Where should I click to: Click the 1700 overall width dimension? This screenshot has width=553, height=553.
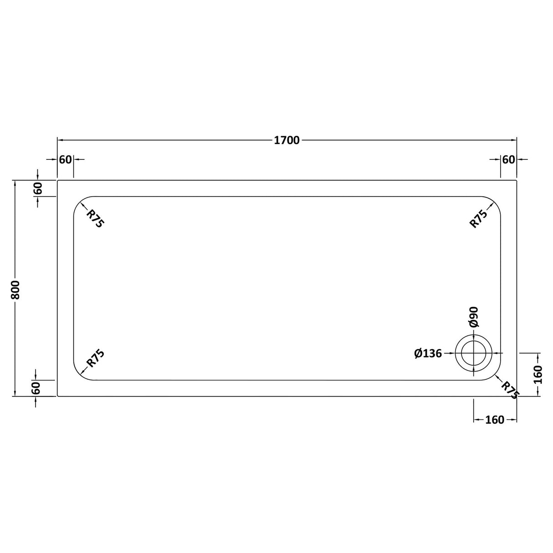tap(287, 140)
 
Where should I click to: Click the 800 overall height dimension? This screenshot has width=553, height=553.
tap(15, 288)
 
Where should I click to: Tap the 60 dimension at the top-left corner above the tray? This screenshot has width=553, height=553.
tap(66, 159)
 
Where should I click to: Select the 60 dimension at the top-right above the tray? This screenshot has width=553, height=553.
tap(508, 159)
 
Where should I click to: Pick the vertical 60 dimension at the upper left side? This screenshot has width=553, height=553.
tap(37, 188)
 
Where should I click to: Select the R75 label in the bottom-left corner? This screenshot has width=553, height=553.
tap(96, 358)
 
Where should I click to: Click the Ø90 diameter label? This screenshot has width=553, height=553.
tap(474, 317)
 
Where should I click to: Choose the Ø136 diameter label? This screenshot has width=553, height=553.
tap(428, 353)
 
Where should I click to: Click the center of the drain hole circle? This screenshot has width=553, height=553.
tap(474, 353)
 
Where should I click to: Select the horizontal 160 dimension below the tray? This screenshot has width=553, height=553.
tap(495, 420)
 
